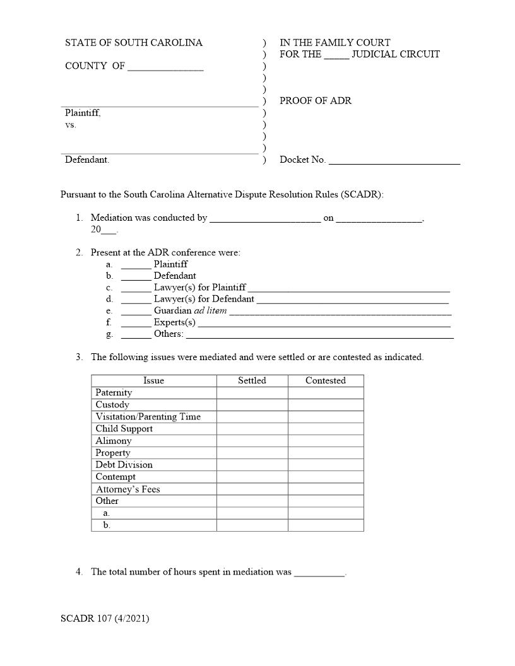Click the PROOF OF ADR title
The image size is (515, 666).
click(316, 101)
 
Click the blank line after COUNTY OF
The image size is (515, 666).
click(165, 67)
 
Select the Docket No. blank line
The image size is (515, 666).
click(394, 161)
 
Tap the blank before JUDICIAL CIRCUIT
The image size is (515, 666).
click(336, 55)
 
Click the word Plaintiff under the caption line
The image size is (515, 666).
click(83, 113)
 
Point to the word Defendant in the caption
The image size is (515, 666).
click(86, 160)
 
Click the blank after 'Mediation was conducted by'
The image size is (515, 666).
click(265, 219)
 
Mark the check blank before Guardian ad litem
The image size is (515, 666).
click(136, 312)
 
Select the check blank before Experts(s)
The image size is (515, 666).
click(136, 323)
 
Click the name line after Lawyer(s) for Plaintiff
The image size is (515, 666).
click(349, 288)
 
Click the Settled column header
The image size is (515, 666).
click(252, 381)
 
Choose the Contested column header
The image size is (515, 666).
click(326, 381)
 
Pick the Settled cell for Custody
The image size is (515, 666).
click(252, 405)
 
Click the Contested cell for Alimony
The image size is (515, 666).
click(326, 441)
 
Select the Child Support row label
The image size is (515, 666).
click(124, 429)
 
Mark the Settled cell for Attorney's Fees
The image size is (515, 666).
click(252, 489)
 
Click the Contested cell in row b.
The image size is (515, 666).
click(326, 525)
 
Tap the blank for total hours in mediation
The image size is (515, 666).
click(319, 573)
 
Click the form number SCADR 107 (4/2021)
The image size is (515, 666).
click(105, 619)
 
